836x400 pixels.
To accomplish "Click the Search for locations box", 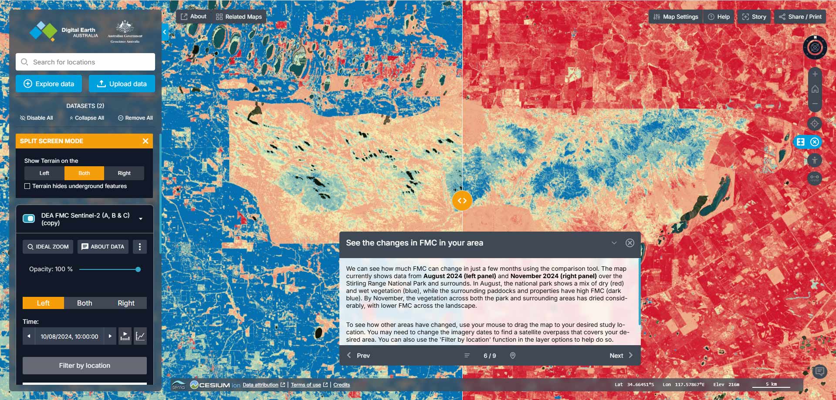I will click(85, 62).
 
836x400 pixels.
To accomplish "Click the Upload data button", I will click(122, 84).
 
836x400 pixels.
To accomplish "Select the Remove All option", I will click(135, 118).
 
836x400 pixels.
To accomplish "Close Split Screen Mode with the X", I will click(146, 141).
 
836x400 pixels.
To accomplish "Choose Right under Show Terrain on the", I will click(124, 173).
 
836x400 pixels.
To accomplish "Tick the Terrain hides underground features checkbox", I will click(27, 186).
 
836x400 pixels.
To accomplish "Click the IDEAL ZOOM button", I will click(48, 247).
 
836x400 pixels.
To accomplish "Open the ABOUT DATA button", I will click(103, 247).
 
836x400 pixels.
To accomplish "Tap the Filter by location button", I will click(85, 366).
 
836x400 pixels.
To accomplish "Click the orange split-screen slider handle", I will click(462, 201).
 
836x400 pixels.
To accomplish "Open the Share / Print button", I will click(800, 17).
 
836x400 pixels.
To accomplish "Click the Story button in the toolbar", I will click(754, 17).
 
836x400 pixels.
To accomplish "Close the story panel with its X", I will click(630, 243).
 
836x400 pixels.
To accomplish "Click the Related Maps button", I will click(239, 17).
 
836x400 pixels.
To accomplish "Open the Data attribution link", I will click(261, 385).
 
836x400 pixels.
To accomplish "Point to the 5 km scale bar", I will click(771, 385).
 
